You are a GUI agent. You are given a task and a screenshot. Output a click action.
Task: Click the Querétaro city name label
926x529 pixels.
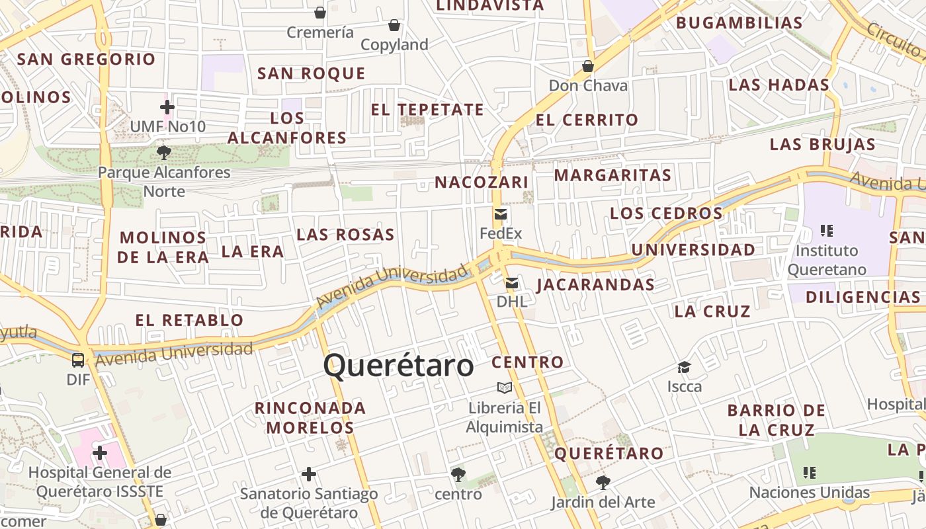tap(399, 366)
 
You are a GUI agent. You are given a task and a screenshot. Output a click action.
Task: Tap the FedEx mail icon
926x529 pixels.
tap(501, 214)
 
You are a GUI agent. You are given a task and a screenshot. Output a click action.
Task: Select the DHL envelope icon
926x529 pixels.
tap(512, 284)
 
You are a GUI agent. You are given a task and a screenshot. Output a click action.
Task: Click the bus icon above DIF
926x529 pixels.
tap(78, 360)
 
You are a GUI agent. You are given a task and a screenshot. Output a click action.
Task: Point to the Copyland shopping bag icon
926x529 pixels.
tap(394, 25)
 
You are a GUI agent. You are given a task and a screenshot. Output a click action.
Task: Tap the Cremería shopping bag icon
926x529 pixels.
tap(320, 13)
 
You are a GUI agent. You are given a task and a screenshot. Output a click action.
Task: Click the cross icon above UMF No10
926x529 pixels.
tap(167, 106)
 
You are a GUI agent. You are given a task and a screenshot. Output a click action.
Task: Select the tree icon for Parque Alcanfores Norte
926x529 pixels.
tap(164, 153)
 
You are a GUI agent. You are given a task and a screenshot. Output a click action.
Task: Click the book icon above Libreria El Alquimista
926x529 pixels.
tap(505, 387)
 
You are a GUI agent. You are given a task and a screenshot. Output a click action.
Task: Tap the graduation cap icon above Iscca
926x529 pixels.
tap(684, 367)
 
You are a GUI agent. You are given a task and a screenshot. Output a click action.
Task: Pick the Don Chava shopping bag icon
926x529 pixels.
tap(588, 66)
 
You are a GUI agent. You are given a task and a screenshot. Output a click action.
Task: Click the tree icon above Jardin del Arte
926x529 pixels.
tap(603, 483)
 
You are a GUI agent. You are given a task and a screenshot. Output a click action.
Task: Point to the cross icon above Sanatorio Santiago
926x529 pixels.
tap(308, 474)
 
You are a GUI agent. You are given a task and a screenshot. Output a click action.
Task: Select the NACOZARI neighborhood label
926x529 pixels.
tap(482, 183)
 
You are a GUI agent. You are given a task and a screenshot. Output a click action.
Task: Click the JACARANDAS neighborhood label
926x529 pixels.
tap(595, 285)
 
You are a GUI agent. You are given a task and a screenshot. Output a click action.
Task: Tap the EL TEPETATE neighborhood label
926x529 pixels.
tap(427, 110)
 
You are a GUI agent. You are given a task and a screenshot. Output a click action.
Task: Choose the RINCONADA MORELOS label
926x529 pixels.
tap(310, 417)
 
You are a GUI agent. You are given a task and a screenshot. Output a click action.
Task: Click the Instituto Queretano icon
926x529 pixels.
tap(826, 231)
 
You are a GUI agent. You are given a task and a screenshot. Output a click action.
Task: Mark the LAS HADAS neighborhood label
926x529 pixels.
tap(779, 85)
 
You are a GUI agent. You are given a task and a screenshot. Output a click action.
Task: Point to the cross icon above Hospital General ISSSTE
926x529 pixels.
tap(100, 453)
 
